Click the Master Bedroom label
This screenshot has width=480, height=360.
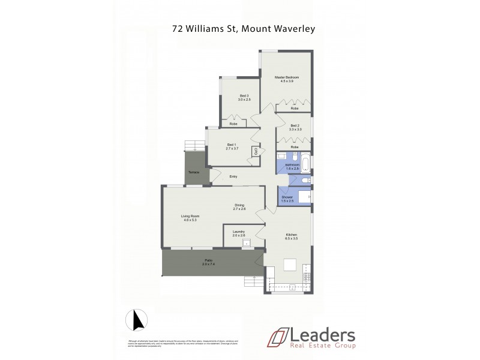click(286, 78)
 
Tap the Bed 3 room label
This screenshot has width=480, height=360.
click(244, 96)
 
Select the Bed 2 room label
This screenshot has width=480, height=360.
click(295, 125)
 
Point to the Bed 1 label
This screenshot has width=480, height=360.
click(232, 144)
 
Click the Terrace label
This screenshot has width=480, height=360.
click(193, 173)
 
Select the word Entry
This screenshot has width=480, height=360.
click(233, 176)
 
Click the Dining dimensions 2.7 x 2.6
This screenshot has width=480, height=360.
click(239, 209)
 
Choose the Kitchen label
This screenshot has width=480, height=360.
click(292, 235)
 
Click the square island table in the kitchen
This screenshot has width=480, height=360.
click(290, 265)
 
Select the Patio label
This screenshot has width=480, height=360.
click(208, 260)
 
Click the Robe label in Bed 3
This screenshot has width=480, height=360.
click(233, 124)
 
